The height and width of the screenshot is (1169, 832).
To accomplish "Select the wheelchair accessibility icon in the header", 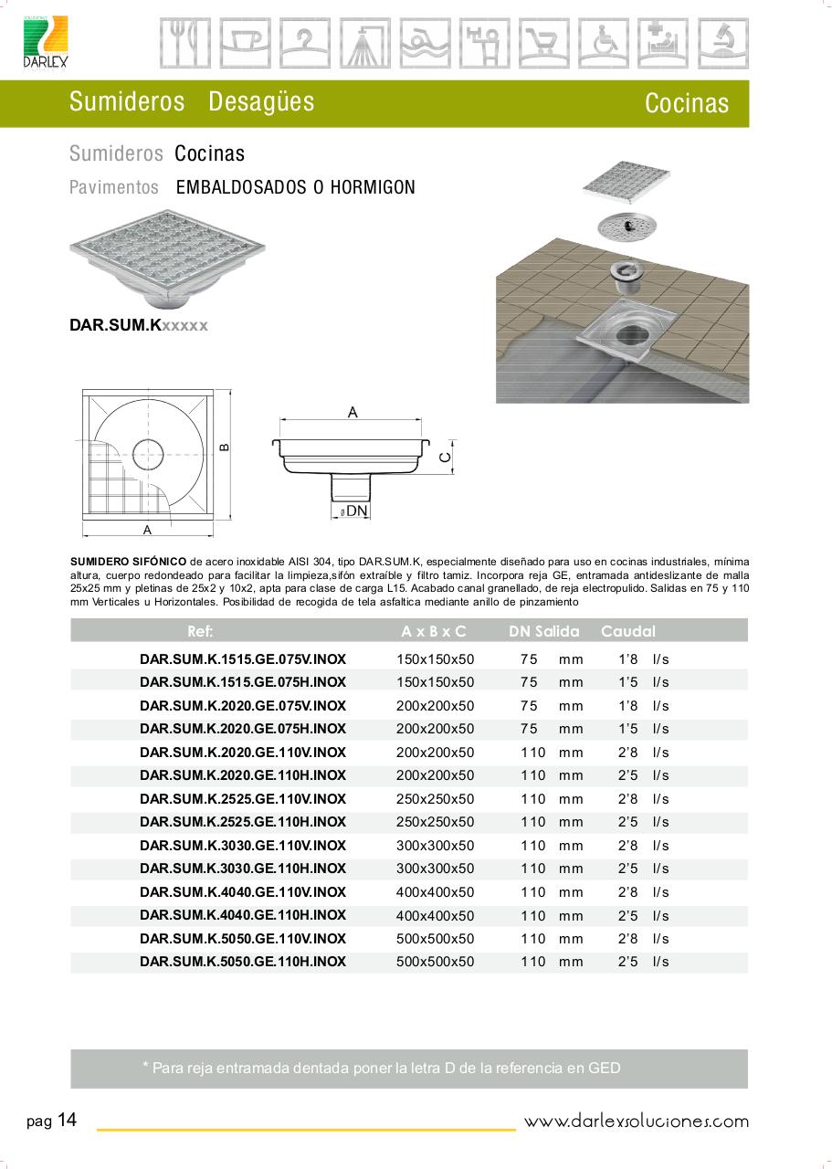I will pyautogui.click(x=605, y=43).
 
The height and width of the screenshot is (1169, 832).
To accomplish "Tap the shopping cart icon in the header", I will pyautogui.click(x=545, y=43).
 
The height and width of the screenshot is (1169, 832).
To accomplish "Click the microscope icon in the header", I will pyautogui.click(x=723, y=43).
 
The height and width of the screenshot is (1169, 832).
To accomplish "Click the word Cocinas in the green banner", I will pyautogui.click(x=686, y=103).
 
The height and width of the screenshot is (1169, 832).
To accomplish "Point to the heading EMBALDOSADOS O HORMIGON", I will pyautogui.click(x=295, y=188).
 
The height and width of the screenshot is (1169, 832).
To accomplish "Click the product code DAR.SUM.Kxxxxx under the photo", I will pyautogui.click(x=139, y=325).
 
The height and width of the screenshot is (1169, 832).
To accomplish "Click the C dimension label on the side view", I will pyautogui.click(x=444, y=457).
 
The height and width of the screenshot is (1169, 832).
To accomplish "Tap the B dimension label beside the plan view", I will pyautogui.click(x=225, y=447).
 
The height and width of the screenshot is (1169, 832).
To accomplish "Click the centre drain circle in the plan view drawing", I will pyautogui.click(x=148, y=450).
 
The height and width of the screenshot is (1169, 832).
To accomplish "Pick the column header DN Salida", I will pyautogui.click(x=543, y=631).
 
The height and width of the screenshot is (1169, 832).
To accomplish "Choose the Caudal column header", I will pyautogui.click(x=627, y=631).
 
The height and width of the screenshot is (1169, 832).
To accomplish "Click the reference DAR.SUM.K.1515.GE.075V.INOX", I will pyautogui.click(x=243, y=658).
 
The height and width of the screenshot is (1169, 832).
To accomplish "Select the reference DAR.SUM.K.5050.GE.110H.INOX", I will pyautogui.click(x=243, y=962).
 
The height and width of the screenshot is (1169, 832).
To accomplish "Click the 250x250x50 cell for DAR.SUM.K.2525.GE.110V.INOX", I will pyautogui.click(x=436, y=799).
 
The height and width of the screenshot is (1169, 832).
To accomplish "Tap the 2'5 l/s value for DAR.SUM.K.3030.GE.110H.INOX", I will pyautogui.click(x=643, y=869).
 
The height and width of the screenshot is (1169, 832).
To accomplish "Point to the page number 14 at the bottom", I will pyautogui.click(x=67, y=1121).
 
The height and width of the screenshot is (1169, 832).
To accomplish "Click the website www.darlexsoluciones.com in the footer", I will pyautogui.click(x=636, y=1122).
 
